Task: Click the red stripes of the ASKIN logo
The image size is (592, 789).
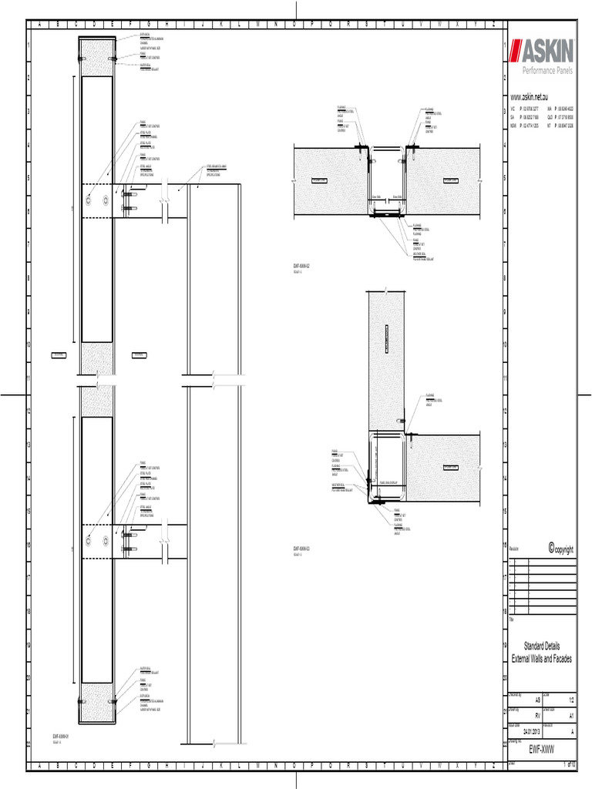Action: click(x=523, y=53)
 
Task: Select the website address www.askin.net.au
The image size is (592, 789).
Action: click(x=529, y=99)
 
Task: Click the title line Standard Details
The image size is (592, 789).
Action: click(x=542, y=646)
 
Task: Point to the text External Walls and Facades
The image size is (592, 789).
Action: click(x=542, y=660)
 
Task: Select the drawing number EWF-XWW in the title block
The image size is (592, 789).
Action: click(x=542, y=750)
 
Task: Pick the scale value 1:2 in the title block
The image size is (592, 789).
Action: click(x=571, y=699)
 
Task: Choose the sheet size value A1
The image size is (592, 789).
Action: click(x=571, y=715)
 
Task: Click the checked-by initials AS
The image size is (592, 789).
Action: click(x=527, y=699)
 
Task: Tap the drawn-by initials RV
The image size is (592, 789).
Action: click(x=527, y=715)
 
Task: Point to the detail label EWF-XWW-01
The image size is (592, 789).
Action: click(x=61, y=737)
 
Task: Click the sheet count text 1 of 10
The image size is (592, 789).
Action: click(x=570, y=764)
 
